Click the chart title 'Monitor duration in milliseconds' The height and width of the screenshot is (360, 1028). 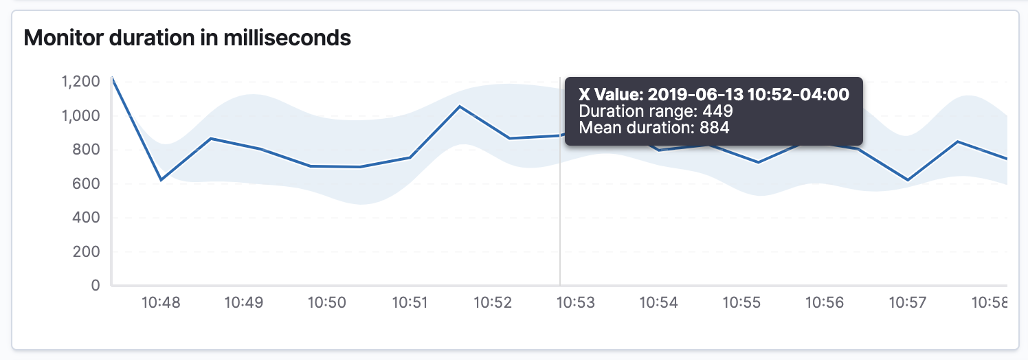coord(187,38)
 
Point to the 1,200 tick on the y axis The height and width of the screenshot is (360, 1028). coord(81,82)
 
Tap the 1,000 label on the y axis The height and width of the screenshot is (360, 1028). coord(81,116)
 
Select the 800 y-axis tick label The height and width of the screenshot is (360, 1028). coord(87,150)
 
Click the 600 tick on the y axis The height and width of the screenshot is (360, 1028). coord(87,184)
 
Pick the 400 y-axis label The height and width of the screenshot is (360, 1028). coord(87,218)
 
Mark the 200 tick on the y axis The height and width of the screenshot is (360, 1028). coord(87,251)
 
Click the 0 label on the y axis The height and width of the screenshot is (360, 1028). coord(96,285)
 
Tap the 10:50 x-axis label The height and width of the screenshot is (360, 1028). coord(326,302)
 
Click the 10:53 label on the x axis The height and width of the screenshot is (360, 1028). coord(575,302)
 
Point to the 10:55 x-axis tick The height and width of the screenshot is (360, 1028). coord(741,302)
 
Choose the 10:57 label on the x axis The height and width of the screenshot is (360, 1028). coord(907,302)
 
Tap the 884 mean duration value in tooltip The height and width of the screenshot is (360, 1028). coord(715,127)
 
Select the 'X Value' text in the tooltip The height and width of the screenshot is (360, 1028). coord(610,94)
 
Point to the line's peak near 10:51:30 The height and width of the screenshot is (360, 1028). coord(460,106)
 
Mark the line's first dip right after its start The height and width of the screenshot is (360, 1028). coord(161,180)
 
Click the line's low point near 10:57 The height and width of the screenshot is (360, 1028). coord(908,180)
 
